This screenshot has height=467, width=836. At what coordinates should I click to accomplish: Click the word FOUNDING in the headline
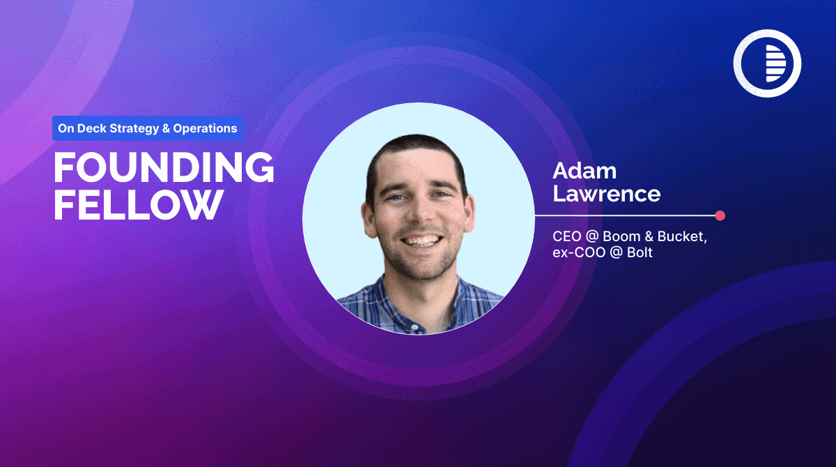pyautogui.click(x=164, y=167)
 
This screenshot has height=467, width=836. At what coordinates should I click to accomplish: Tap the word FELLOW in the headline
pyautogui.click(x=139, y=204)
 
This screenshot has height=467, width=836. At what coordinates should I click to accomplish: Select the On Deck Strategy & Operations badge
pyautogui.click(x=148, y=128)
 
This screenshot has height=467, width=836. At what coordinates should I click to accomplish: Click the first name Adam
pyautogui.click(x=585, y=171)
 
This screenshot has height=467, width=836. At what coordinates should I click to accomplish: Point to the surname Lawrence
pyautogui.click(x=607, y=194)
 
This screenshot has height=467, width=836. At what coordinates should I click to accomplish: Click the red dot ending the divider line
pyautogui.click(x=720, y=215)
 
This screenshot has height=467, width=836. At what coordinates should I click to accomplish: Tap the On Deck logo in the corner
pyautogui.click(x=767, y=63)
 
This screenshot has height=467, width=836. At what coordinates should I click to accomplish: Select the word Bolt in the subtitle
pyautogui.click(x=640, y=252)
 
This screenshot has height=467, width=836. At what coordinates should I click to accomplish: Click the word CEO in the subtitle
pyautogui.click(x=566, y=236)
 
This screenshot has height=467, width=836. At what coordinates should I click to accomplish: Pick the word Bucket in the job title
pyautogui.click(x=682, y=236)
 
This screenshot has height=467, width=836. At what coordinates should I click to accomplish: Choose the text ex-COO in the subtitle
pyautogui.click(x=579, y=252)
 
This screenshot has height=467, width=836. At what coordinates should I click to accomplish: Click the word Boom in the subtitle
pyautogui.click(x=621, y=236)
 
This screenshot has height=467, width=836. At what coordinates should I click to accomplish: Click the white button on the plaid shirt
pyautogui.click(x=415, y=328)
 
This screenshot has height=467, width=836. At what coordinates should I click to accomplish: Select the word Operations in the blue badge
pyautogui.click(x=205, y=128)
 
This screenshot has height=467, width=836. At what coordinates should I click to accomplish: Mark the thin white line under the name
pyautogui.click(x=625, y=215)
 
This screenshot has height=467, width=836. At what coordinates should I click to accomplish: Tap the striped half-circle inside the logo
pyautogui.click(x=776, y=63)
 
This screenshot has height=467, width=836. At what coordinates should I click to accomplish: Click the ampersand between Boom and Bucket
pyautogui.click(x=649, y=236)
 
